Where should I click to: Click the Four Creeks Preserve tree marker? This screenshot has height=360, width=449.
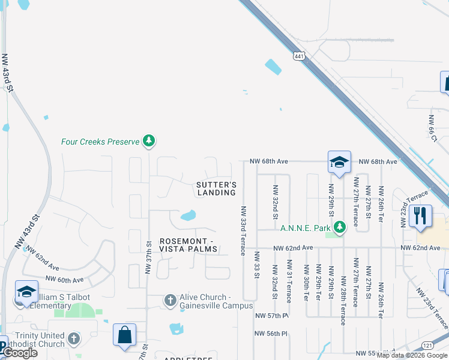[149, 142]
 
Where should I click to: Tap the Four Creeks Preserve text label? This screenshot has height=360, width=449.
[91, 142]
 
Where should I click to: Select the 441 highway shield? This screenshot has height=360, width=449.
[299, 56]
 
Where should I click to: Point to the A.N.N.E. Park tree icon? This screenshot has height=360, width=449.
[340, 227]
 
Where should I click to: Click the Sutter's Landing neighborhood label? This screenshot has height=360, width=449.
[216, 189]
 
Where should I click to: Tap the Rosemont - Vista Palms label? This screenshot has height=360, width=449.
[188, 245]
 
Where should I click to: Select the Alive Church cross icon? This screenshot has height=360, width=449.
[170, 299]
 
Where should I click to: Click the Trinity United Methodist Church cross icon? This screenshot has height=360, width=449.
[74, 339]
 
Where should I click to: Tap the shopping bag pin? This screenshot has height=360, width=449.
[124, 335]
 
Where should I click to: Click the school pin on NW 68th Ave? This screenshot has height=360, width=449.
[339, 162]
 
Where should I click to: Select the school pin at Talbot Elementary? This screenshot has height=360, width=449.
[26, 292]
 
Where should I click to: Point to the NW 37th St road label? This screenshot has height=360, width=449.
[148, 258]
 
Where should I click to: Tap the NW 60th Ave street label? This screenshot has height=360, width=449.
[64, 280]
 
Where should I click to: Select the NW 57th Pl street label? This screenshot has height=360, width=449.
[272, 315]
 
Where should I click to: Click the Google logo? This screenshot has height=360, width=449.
[20, 353]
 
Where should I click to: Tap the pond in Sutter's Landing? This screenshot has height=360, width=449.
[188, 215]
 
